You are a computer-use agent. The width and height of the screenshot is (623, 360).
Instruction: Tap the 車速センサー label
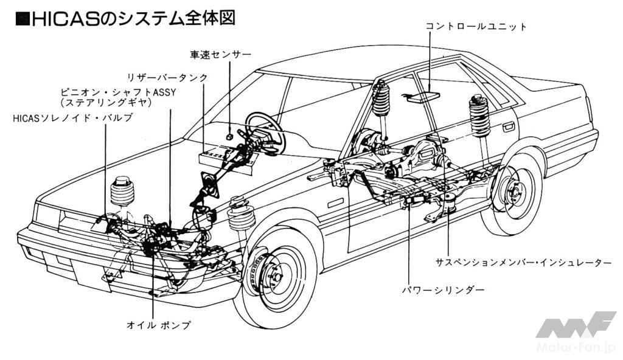220,55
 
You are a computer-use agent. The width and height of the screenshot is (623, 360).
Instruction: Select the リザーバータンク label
167,77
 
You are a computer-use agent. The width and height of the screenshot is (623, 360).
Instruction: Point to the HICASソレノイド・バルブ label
72,117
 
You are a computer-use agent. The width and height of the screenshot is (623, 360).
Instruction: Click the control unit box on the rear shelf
423,95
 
